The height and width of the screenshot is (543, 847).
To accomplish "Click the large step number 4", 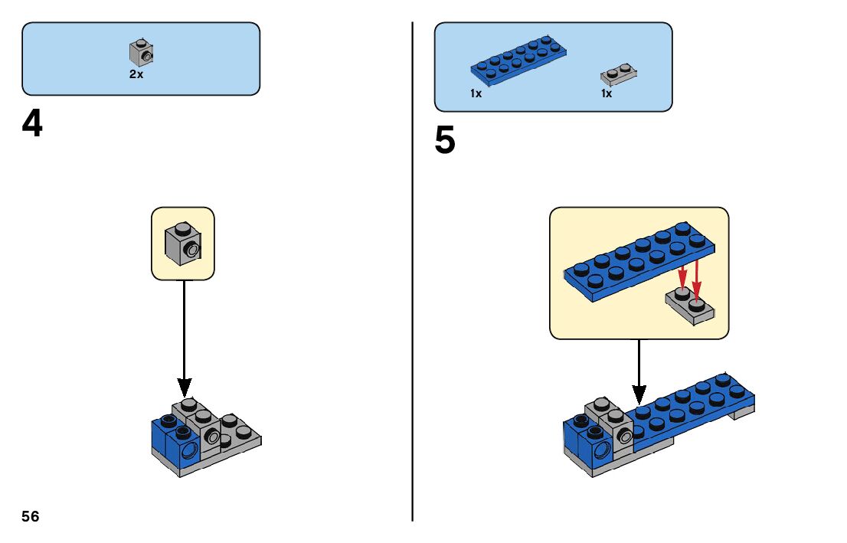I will click(x=32, y=124).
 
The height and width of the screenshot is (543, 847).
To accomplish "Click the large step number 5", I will click(x=445, y=141).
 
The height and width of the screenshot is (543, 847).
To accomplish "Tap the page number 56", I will click(x=31, y=516).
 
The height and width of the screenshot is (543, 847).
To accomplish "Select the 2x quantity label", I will click(x=136, y=75).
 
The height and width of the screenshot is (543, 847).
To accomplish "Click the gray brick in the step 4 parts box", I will click(x=142, y=53).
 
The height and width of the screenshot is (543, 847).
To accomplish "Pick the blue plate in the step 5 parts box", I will click(x=518, y=59).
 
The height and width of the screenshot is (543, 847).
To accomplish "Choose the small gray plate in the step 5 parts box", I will click(x=619, y=74).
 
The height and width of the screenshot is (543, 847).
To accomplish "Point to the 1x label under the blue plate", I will click(x=476, y=93).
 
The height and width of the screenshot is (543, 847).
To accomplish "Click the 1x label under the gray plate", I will click(x=607, y=93).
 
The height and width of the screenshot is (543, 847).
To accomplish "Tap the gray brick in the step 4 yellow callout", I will click(x=182, y=243).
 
